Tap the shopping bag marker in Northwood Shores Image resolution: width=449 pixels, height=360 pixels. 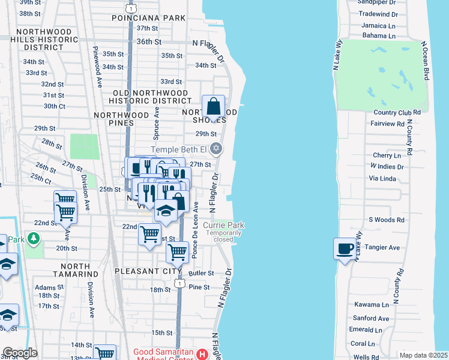point(213,107)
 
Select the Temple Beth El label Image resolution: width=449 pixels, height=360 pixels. point(178,149)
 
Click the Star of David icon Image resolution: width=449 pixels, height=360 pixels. point(217,149)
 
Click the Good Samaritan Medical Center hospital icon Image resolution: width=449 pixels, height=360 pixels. point(203,354)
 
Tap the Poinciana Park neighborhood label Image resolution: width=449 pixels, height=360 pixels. point(148,18)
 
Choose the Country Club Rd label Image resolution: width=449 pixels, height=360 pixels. point(397,112)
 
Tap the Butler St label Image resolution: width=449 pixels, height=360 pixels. point(201,273)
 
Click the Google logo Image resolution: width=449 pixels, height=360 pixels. point(20,353)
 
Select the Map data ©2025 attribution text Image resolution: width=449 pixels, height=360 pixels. point(423,355)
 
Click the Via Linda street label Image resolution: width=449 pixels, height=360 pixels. point(382,178)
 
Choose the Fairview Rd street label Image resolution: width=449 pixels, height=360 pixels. point(388,124)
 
